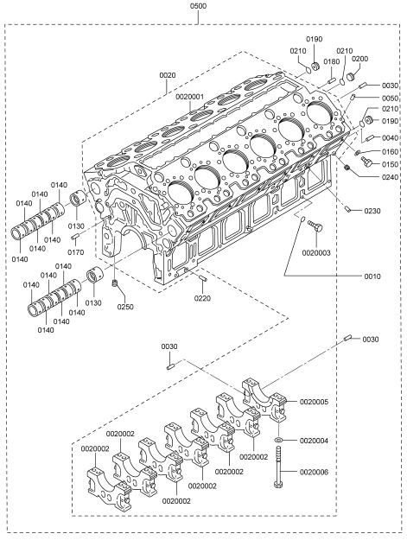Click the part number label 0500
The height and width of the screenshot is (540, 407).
[x=199, y=6]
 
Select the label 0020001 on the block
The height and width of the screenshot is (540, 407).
[x=190, y=97]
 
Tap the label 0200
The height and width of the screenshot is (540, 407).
[x=359, y=59]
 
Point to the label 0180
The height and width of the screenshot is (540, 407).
[x=332, y=61]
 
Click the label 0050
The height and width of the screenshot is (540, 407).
[x=390, y=98]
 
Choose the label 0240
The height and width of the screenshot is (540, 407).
[x=390, y=177]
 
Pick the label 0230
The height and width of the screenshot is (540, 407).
[x=372, y=211]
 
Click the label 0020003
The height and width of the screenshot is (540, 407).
[x=316, y=253]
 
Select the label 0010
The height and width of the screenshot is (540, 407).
[x=372, y=276]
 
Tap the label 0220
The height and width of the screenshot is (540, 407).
[x=202, y=298]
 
